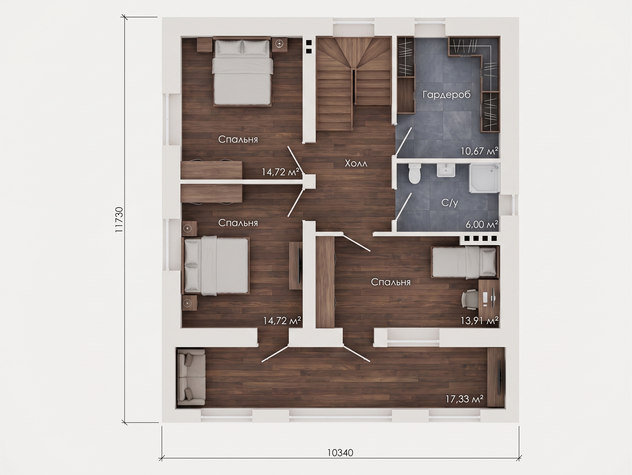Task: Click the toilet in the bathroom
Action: pos(415,174)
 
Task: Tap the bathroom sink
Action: pos(446,171)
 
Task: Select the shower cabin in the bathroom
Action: pos(484,178)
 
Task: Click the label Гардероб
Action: pos(446,95)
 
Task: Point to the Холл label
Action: pos(356,163)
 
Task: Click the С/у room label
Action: pos(449,203)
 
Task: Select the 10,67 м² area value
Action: pos(479,151)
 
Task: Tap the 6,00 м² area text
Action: pos(482,224)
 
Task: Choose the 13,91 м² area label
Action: pos(479,320)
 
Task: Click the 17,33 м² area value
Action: pos(465,399)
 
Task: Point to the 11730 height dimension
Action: pos(119,220)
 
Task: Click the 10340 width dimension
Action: pos(340,453)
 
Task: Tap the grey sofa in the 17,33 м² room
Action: pos(191,377)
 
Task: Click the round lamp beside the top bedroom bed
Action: pos(279,43)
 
